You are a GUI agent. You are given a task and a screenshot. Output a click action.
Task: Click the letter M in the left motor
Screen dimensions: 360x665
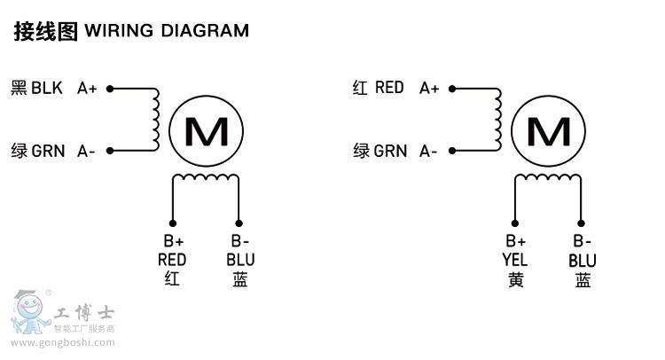[x=207, y=131]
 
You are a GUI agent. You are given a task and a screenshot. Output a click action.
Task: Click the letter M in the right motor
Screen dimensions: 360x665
[x=549, y=131]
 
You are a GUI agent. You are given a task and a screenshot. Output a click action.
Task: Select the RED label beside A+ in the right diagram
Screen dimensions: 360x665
[x=389, y=88]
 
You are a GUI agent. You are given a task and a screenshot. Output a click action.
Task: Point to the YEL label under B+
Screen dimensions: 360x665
[x=515, y=261]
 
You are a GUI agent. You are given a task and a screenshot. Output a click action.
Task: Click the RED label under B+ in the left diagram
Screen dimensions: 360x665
[x=172, y=260]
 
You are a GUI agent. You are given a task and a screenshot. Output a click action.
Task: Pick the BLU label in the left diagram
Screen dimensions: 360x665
[x=240, y=260]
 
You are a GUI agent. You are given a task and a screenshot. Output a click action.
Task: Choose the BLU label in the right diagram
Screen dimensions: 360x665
[x=583, y=261]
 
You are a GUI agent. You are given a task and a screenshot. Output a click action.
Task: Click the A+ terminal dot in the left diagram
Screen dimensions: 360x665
[x=109, y=89]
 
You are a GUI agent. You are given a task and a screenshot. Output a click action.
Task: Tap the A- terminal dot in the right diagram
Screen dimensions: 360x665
[x=451, y=151]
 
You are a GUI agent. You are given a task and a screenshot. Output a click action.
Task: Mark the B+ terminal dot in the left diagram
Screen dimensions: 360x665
[x=173, y=223]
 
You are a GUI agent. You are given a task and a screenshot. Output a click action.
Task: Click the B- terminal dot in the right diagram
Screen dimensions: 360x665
[x=581, y=223]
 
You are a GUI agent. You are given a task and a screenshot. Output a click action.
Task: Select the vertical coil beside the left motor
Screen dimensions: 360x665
[x=156, y=119]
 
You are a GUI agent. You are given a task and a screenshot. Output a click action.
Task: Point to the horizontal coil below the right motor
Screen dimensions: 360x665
[x=548, y=178]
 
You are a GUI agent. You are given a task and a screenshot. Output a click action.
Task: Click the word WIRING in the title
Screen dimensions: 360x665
[x=118, y=31]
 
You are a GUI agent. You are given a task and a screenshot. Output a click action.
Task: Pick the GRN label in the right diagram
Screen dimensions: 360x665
[x=390, y=151]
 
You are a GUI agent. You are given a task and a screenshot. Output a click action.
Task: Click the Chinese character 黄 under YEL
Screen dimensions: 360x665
[x=515, y=280]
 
